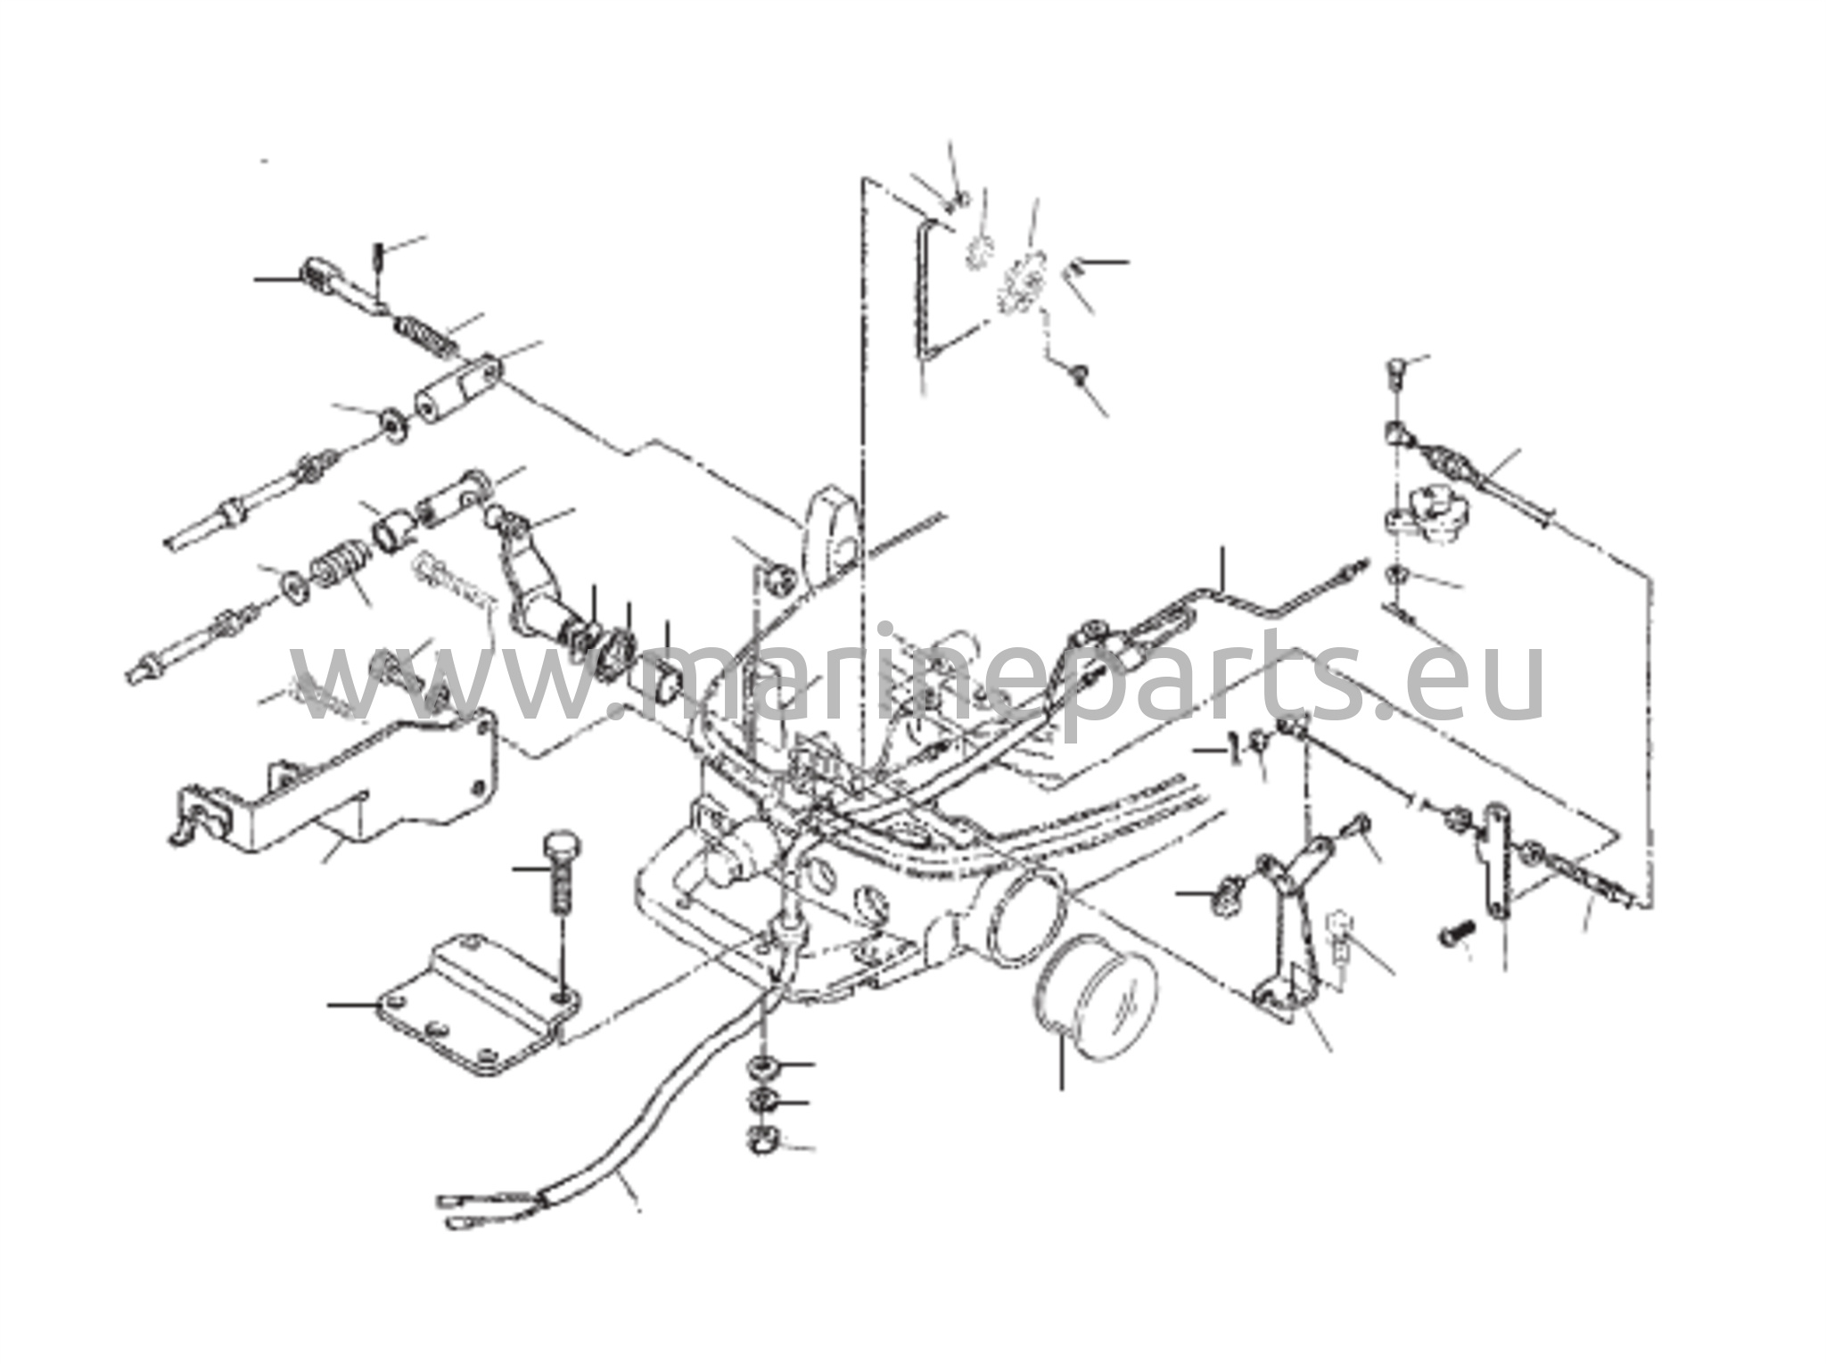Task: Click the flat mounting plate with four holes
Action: pyautogui.click(x=477, y=1005)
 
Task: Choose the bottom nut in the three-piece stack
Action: pyautogui.click(x=763, y=1139)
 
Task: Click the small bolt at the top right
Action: pyautogui.click(x=1397, y=372)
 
